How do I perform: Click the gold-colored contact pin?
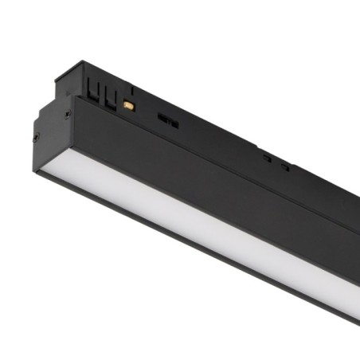(128, 105)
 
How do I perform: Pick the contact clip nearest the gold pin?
(106, 96)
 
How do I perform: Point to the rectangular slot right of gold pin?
(167, 119)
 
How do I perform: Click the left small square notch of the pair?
(268, 158)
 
